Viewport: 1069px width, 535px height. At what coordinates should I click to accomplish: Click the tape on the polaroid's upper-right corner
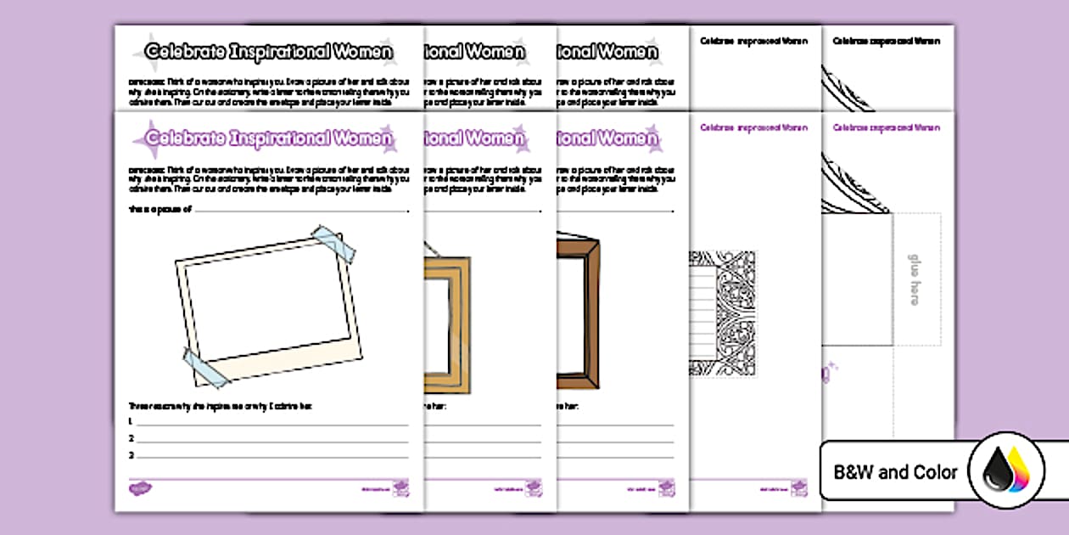click(x=334, y=244)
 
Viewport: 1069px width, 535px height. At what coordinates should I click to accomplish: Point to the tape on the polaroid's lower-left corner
click(x=204, y=366)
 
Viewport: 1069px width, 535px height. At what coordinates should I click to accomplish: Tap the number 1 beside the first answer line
click(x=131, y=421)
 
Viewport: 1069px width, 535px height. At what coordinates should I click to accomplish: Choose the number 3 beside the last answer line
click(x=131, y=455)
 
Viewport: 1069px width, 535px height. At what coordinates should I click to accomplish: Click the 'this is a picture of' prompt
click(x=160, y=209)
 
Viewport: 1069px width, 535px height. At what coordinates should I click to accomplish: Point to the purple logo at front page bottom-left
click(x=139, y=488)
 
